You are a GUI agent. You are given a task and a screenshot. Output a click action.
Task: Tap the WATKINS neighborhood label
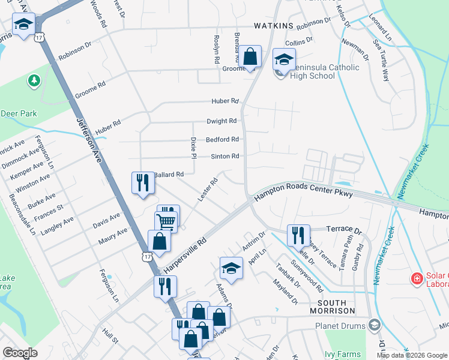273,26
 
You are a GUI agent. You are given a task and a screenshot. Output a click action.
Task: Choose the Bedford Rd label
222,139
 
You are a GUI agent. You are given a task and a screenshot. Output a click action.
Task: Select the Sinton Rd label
225,157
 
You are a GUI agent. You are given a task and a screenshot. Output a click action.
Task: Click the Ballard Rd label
169,175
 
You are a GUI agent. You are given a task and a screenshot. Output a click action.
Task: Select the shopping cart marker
166,222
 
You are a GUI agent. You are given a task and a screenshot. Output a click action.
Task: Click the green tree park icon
34,80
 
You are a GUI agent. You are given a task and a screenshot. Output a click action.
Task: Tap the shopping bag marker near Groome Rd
251,58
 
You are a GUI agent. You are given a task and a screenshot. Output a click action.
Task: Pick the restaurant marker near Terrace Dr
298,235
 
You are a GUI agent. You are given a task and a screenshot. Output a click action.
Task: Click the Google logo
20,353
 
